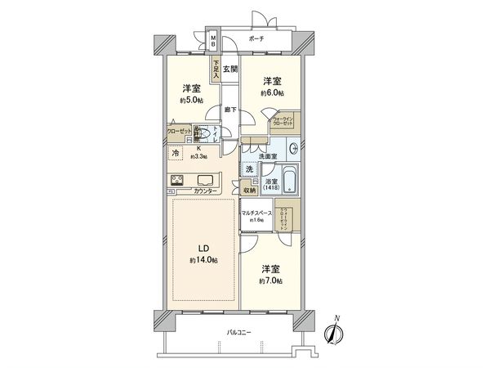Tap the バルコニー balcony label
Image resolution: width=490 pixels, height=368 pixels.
238,332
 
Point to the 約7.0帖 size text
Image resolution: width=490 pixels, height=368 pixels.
272,280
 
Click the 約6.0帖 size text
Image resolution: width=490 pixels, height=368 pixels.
272,93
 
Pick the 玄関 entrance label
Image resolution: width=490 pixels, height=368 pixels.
230,71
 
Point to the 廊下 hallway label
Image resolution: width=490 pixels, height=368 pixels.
230,108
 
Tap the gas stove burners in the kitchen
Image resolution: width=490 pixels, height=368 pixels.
178,181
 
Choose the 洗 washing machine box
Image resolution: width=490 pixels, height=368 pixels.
250,169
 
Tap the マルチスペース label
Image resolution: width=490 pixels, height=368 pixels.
256,213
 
